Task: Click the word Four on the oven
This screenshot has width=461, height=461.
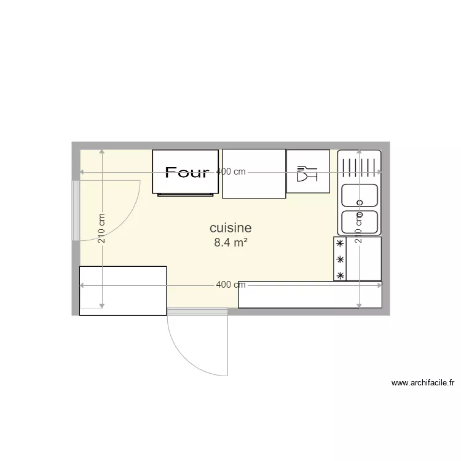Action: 187,172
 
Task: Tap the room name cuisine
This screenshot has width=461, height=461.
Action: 230,228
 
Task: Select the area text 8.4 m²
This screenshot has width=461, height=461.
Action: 230,242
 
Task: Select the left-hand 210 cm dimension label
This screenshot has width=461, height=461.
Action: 102,228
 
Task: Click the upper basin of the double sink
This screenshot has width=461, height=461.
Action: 360,196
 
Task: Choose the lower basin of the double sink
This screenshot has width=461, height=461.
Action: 360,221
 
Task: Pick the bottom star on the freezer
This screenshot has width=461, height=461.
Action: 339,275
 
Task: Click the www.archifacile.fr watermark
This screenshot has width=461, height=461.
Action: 423,383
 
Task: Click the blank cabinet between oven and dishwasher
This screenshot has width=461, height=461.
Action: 254,174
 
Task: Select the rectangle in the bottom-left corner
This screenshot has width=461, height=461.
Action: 123,291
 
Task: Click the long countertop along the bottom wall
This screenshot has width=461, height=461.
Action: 310,295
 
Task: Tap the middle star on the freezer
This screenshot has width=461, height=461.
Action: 339,260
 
